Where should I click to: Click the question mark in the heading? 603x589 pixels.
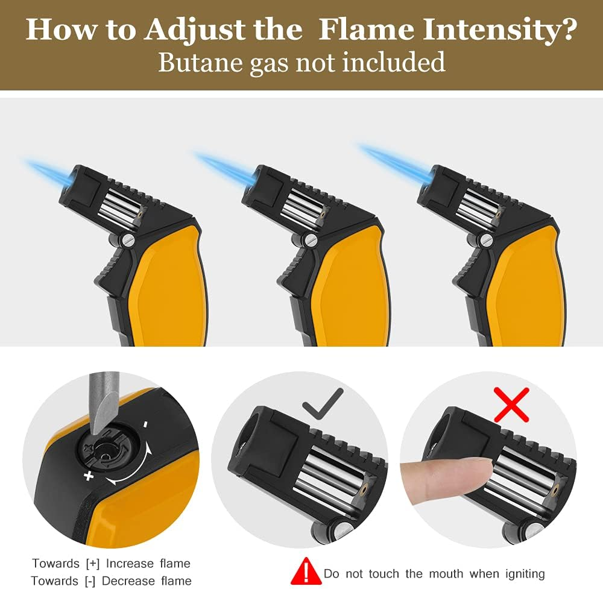(x=565, y=30)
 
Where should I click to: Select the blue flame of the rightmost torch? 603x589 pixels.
(x=392, y=160)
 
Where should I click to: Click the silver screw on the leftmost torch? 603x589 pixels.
(x=127, y=240)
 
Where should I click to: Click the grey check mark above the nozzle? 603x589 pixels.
(x=323, y=403)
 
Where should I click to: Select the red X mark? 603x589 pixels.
(x=511, y=404)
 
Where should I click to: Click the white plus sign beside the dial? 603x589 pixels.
(x=89, y=476)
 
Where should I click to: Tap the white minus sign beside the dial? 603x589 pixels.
(x=145, y=424)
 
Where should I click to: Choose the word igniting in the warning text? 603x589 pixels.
(x=519, y=573)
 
